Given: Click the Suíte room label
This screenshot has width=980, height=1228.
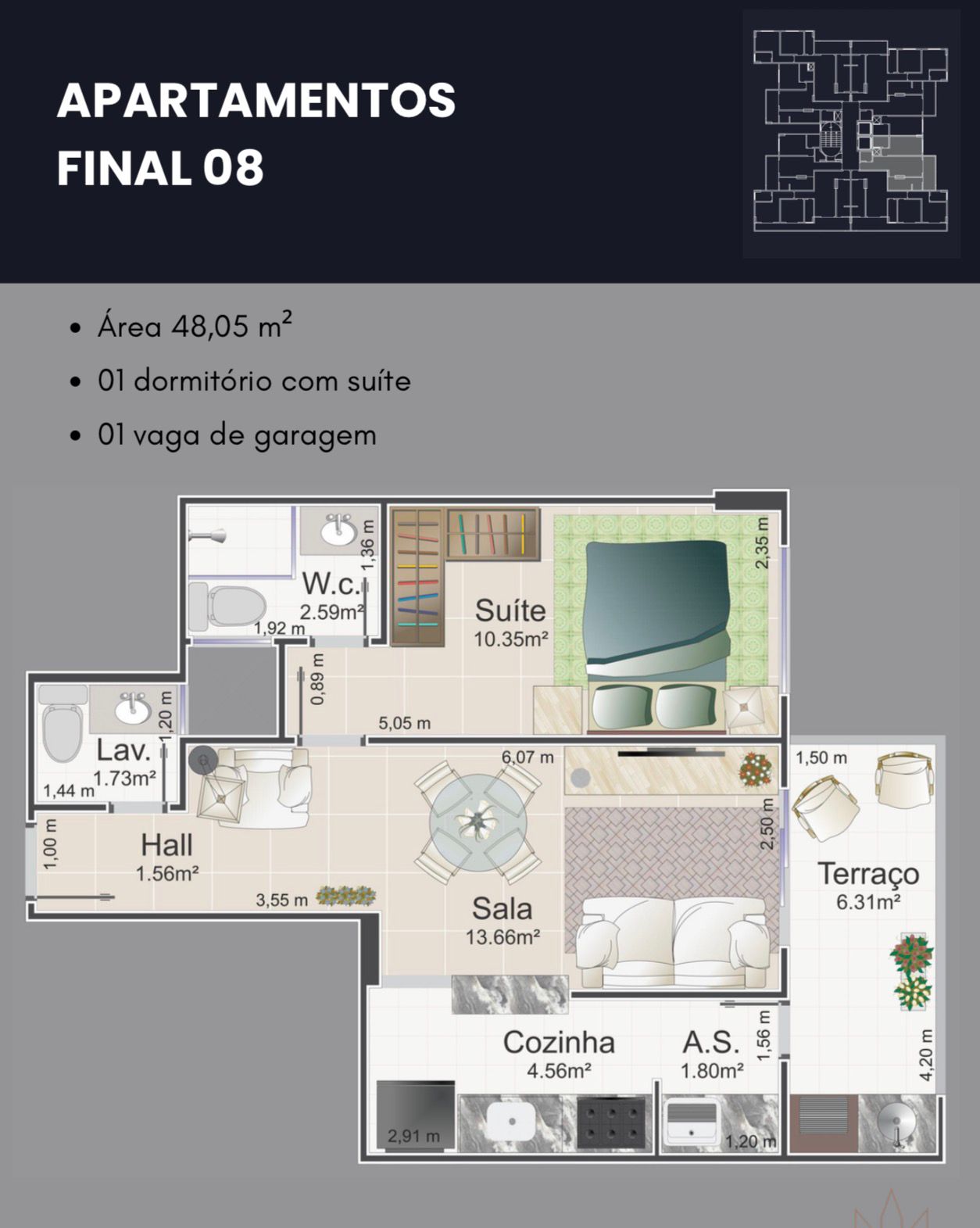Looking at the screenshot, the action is (510, 610).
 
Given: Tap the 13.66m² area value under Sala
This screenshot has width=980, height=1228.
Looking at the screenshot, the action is (503, 937).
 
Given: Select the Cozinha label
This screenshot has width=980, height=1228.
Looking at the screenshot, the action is (559, 1043).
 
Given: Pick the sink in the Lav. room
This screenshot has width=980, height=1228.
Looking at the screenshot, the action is (133, 708).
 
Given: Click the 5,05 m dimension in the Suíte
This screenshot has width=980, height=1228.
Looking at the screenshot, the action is (405, 724).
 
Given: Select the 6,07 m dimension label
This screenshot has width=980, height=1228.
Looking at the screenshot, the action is (528, 757).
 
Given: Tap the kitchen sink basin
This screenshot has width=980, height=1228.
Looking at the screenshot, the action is (511, 1122).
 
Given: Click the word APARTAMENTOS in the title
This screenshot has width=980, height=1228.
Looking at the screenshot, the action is (256, 100).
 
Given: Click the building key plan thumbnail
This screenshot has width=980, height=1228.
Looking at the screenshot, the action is (850, 131).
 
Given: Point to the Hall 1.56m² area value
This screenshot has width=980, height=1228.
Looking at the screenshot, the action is (167, 874).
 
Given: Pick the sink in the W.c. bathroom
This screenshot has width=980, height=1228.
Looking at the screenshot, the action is (339, 530).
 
